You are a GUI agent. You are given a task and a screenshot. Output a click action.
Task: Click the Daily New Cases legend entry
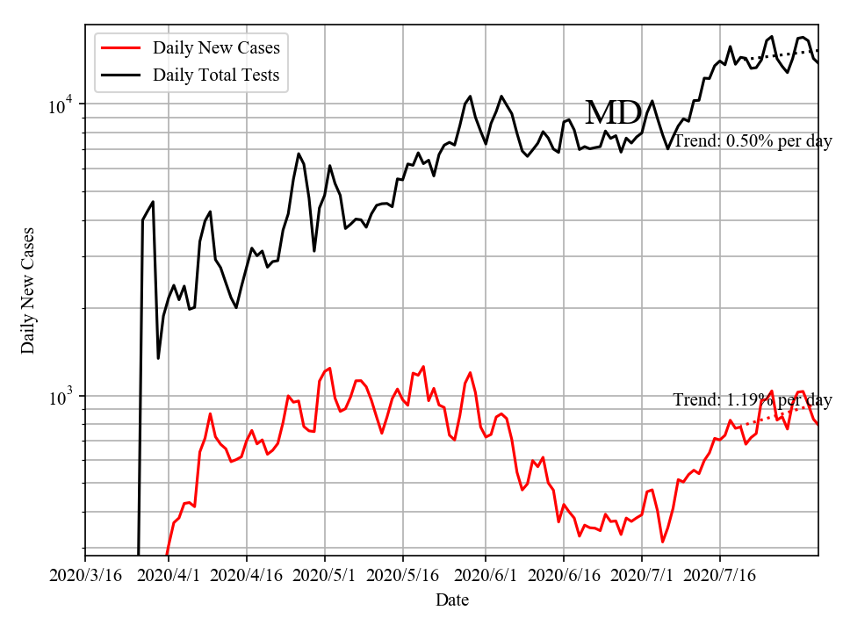[216, 48]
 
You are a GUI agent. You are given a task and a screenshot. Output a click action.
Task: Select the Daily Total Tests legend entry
[216, 75]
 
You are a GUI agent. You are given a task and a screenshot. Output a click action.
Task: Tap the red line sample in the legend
[122, 48]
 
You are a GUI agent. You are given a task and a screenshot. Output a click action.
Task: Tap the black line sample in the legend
[122, 75]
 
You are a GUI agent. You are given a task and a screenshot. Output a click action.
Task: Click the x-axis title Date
[452, 601]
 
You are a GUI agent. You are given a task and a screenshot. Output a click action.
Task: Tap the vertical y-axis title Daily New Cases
[29, 290]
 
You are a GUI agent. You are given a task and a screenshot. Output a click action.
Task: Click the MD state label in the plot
[613, 113]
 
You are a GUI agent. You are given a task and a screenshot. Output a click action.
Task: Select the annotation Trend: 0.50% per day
[753, 141]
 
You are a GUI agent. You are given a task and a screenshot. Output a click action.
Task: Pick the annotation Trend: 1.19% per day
[753, 400]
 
